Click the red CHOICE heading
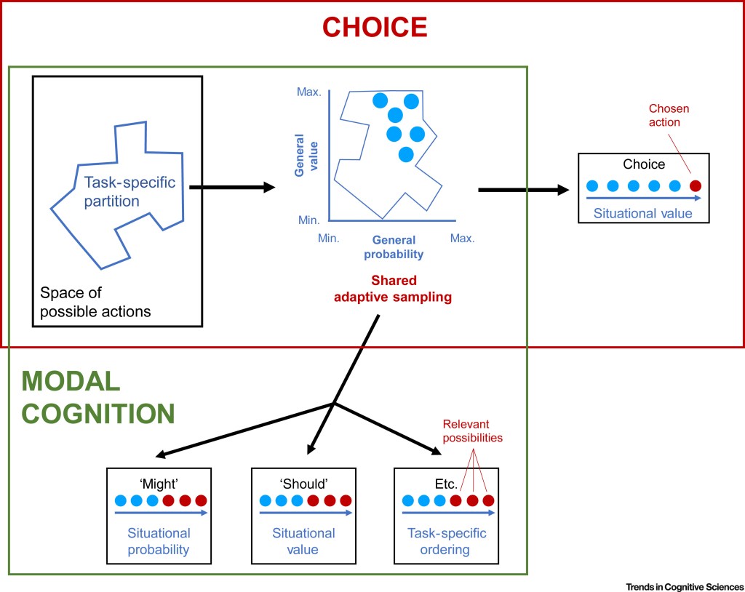[374, 27]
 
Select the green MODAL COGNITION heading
[98, 396]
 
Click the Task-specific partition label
[130, 191]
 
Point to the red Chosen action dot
[695, 185]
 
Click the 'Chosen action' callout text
[669, 116]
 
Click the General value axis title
[304, 159]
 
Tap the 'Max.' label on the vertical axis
[308, 92]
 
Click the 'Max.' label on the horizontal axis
[462, 238]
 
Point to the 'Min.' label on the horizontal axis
[328, 238]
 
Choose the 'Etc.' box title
[445, 483]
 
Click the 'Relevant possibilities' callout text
[473, 431]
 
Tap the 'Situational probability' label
[159, 542]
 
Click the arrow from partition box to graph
[231, 188]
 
